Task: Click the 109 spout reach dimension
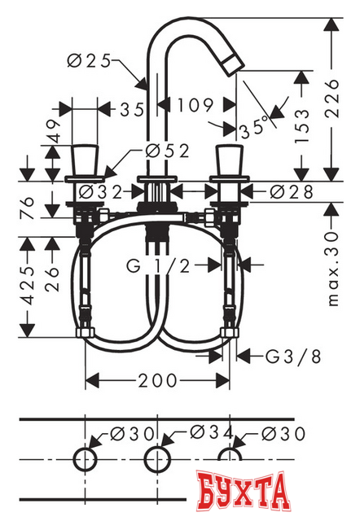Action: click(x=195, y=105)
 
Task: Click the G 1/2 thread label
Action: click(x=160, y=265)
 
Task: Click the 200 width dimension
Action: click(x=156, y=381)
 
